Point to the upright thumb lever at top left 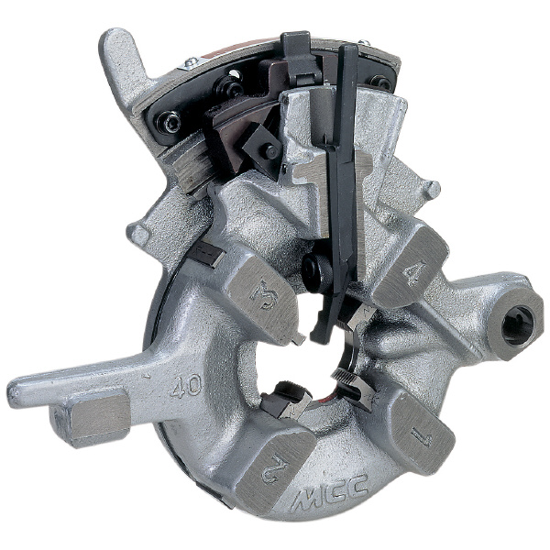click(123, 67)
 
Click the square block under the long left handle click(91, 419)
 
